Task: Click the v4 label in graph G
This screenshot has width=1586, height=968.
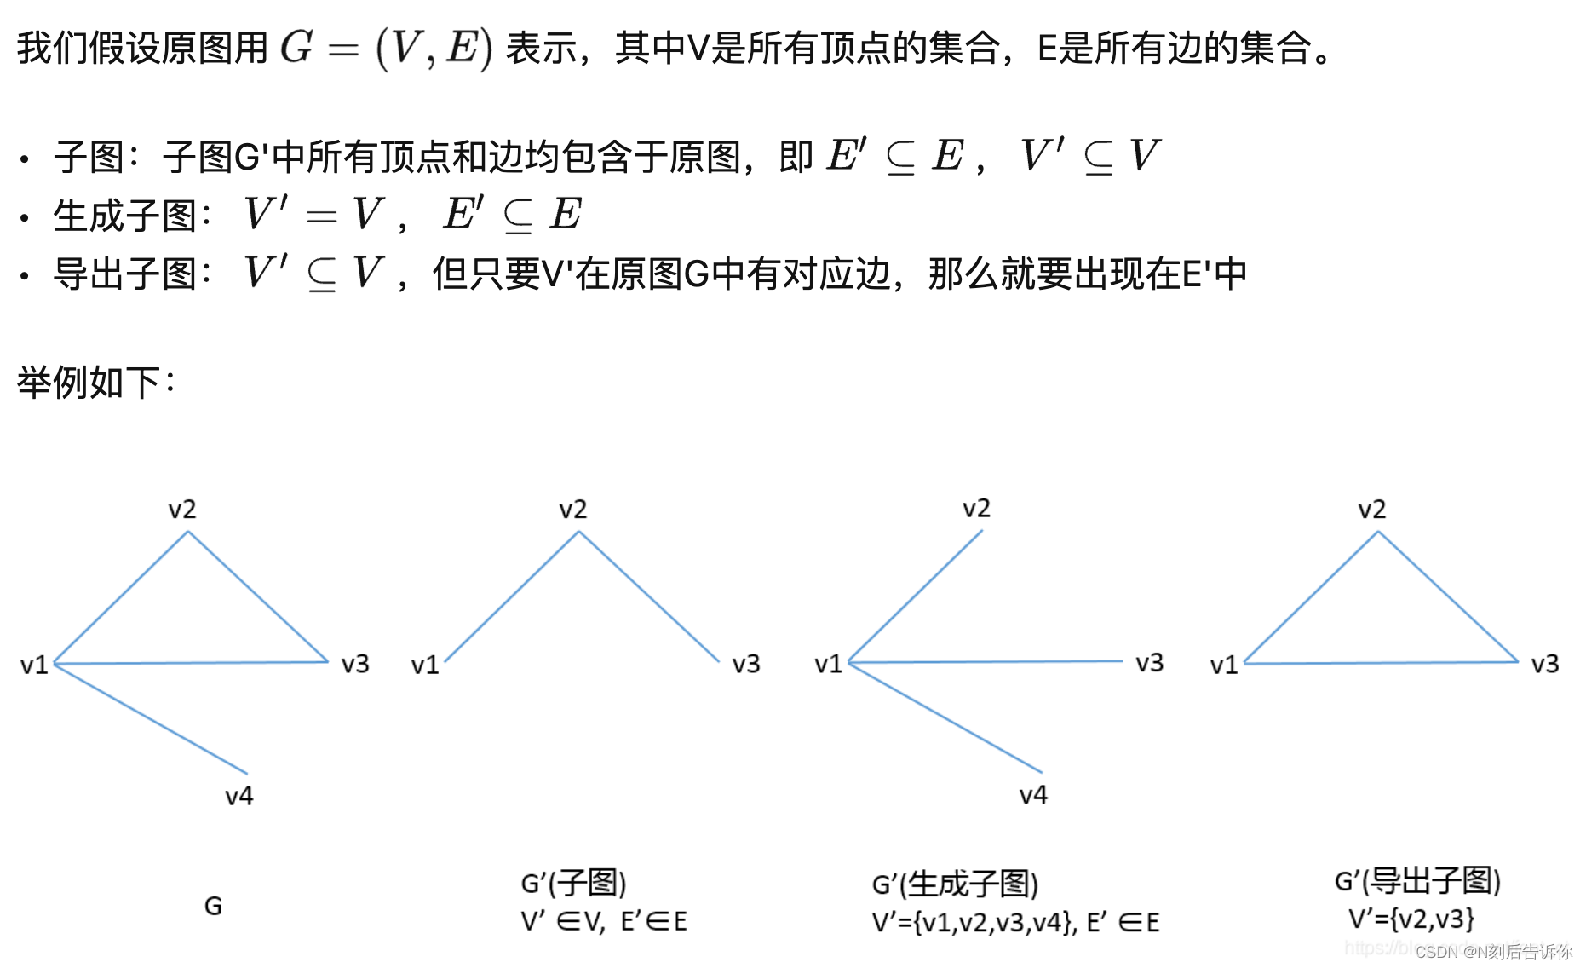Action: tap(238, 796)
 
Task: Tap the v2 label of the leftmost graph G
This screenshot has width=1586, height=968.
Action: tap(182, 510)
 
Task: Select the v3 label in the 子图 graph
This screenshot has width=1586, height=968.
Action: tap(746, 664)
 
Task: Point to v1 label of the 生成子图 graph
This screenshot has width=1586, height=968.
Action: tap(828, 664)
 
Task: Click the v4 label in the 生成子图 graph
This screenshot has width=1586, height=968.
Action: tap(1033, 795)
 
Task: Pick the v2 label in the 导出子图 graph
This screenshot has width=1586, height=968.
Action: tap(1371, 510)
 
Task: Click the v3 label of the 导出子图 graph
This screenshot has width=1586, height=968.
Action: tap(1544, 664)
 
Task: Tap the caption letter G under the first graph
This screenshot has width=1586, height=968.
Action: tap(213, 906)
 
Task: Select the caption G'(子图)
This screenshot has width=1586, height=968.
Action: tap(573, 883)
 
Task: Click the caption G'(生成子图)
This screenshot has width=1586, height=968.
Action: tap(955, 884)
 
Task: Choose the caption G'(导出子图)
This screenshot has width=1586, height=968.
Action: tap(1417, 880)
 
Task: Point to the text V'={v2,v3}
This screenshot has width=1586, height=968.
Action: tap(1411, 919)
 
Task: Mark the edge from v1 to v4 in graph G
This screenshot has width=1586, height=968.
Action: tap(151, 718)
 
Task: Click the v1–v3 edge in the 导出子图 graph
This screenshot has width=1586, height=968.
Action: tap(1380, 662)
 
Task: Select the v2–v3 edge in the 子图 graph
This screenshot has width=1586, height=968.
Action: tap(649, 596)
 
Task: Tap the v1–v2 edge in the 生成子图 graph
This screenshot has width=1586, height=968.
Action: tap(916, 596)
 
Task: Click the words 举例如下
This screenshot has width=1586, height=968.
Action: tap(90, 383)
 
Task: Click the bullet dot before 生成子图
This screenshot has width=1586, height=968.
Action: tap(25, 218)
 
